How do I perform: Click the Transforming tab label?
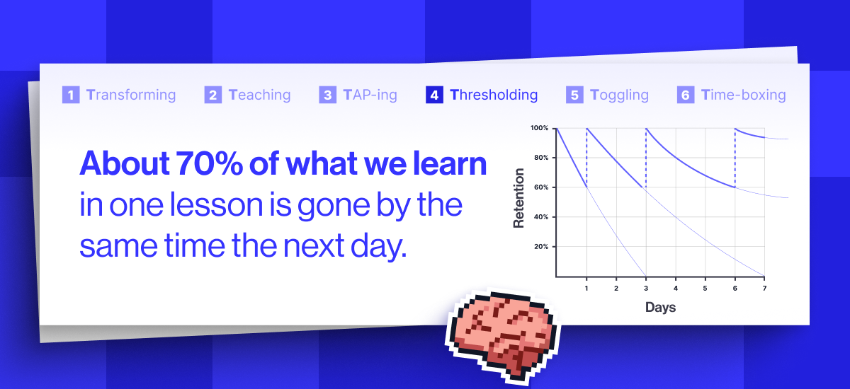tap(131, 95)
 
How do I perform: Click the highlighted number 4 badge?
tap(434, 95)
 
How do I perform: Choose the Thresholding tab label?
tap(494, 95)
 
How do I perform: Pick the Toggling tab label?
tap(619, 95)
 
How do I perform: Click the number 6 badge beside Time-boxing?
tap(685, 95)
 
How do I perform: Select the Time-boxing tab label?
tap(743, 95)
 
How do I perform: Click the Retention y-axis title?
tap(519, 197)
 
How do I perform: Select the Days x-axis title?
tap(660, 307)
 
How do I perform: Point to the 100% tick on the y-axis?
tap(539, 128)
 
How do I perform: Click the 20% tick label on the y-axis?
tap(540, 247)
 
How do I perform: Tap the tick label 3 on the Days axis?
tap(645, 289)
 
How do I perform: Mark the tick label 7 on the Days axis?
tap(764, 289)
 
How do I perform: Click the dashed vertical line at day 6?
tap(735, 158)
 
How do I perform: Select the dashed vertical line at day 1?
tap(586, 158)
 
